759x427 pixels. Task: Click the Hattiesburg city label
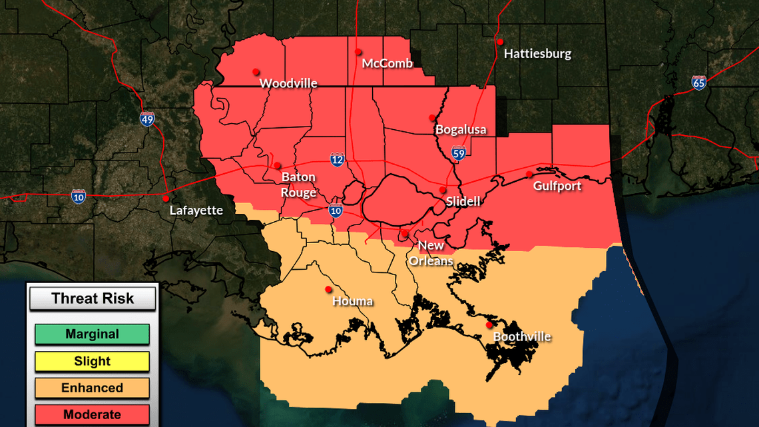pyautogui.click(x=537, y=54)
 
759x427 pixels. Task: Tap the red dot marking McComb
pyautogui.click(x=358, y=51)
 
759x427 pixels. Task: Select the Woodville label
pyautogui.click(x=288, y=83)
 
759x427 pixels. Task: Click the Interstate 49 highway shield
pyautogui.click(x=147, y=119)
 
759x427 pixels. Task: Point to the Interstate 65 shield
pyautogui.click(x=698, y=83)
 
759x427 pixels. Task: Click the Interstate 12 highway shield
pyautogui.click(x=338, y=159)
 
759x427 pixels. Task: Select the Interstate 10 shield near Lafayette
pyautogui.click(x=79, y=196)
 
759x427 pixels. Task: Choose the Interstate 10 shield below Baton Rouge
pyautogui.click(x=336, y=211)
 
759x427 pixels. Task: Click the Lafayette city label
pyautogui.click(x=196, y=211)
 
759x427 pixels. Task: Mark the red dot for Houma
pyautogui.click(x=328, y=289)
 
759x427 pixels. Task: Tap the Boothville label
pyautogui.click(x=521, y=337)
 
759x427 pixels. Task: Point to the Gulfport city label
pyautogui.click(x=557, y=186)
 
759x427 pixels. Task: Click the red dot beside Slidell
pyautogui.click(x=443, y=190)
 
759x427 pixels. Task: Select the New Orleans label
pyautogui.click(x=431, y=253)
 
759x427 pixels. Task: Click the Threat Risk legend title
pyautogui.click(x=93, y=298)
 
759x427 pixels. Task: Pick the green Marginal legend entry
pyautogui.click(x=92, y=334)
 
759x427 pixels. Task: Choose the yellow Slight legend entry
pyautogui.click(x=92, y=362)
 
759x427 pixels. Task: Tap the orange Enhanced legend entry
pyautogui.click(x=92, y=388)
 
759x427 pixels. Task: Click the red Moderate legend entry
pyautogui.click(x=92, y=414)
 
